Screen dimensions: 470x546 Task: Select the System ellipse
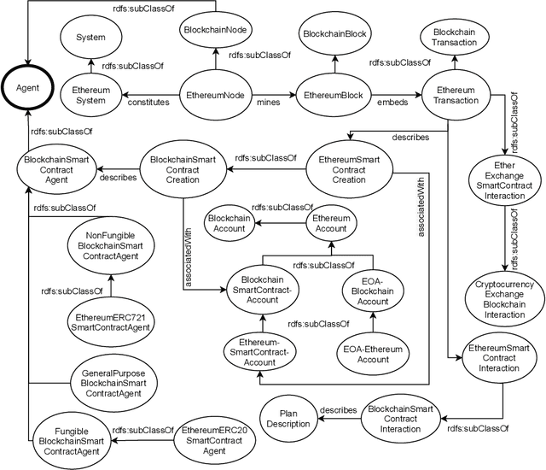(x=90, y=37)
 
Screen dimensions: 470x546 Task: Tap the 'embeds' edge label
(x=391, y=102)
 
